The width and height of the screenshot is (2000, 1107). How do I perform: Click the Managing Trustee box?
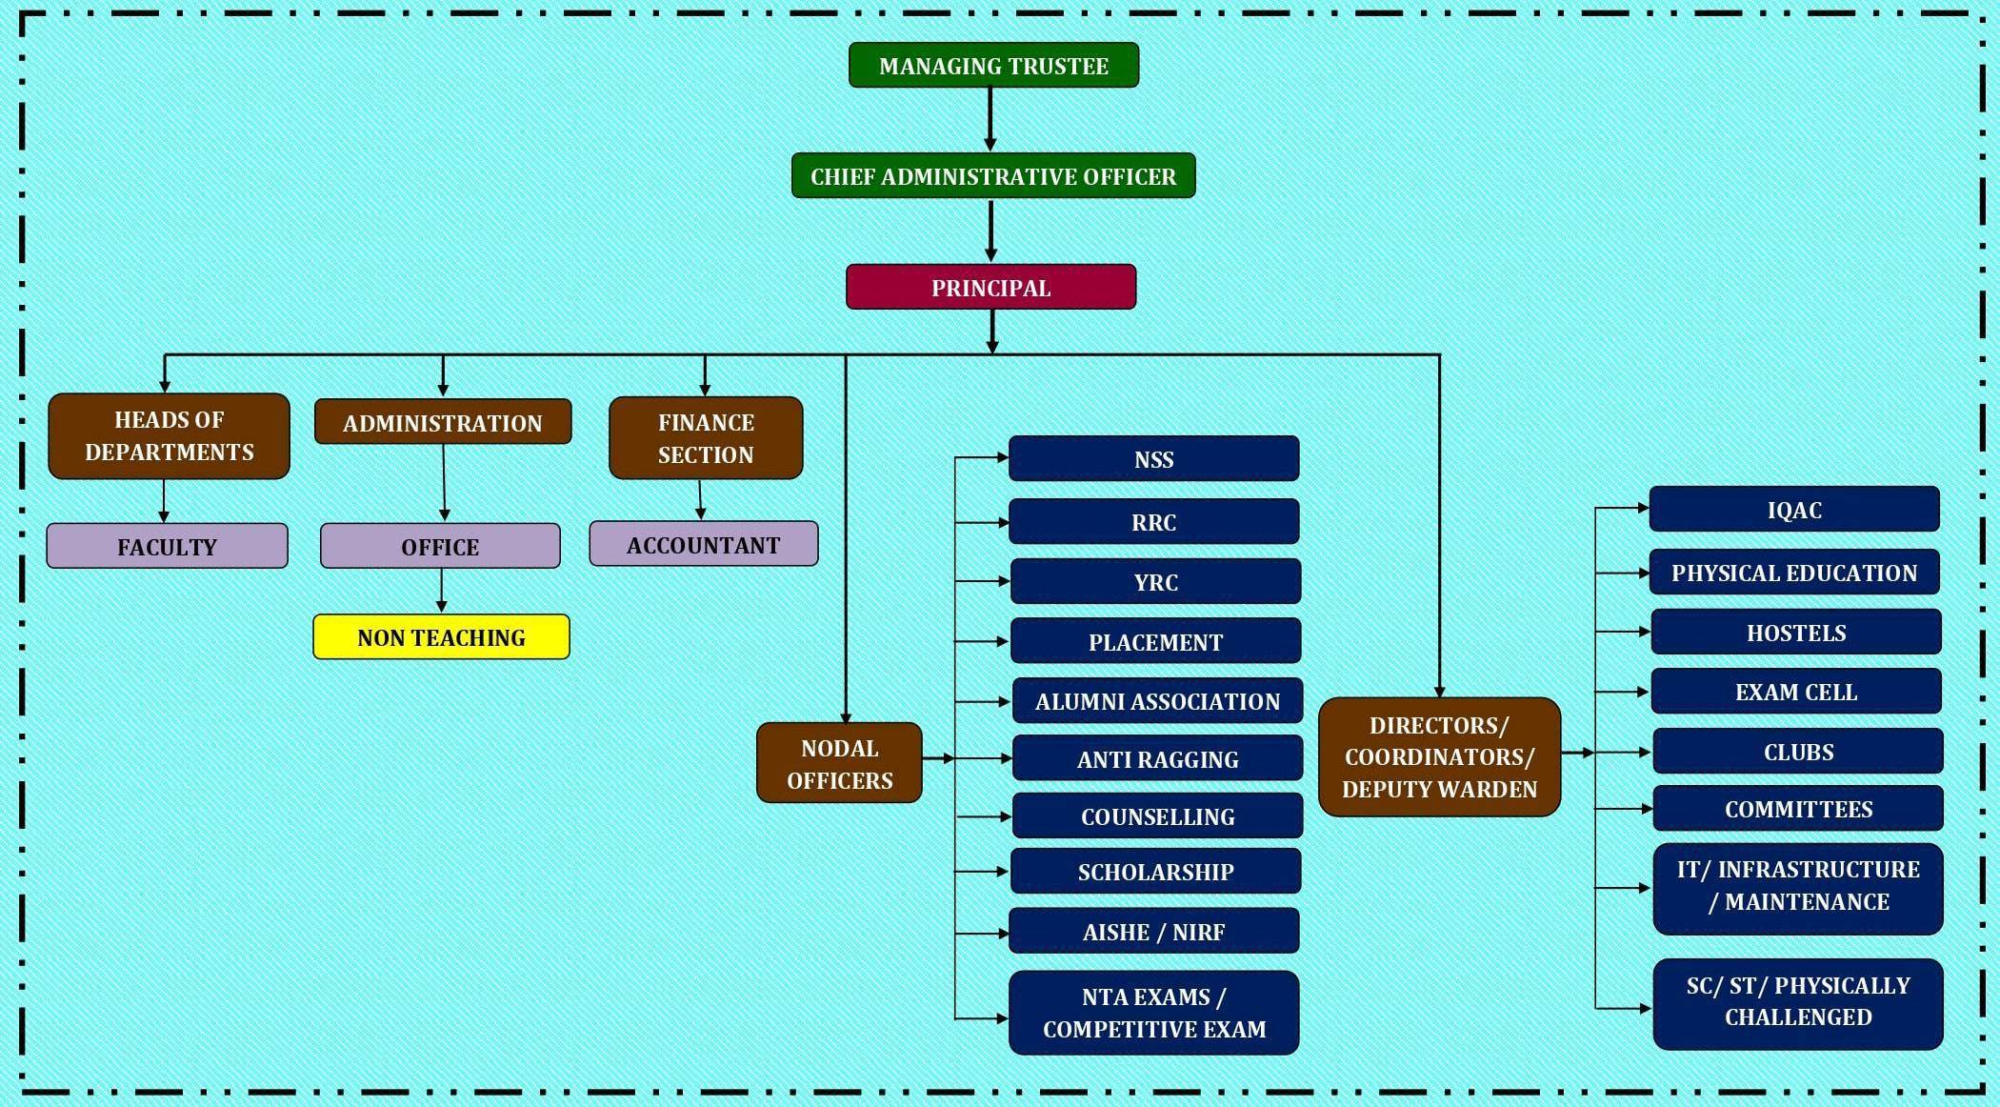tap(993, 66)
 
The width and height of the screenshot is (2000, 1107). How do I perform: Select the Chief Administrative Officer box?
tap(993, 176)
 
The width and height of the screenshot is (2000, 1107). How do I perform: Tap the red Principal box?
tap(990, 288)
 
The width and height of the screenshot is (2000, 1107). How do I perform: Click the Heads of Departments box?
tap(169, 436)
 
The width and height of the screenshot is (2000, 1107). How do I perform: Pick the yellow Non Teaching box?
tap(441, 637)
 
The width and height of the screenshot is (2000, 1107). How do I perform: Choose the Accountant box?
tap(703, 545)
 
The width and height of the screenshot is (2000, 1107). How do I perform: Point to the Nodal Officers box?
tap(839, 763)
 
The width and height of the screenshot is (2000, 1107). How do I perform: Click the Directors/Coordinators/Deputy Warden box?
tap(1439, 757)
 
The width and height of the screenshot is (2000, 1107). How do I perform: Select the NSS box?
tap(1153, 459)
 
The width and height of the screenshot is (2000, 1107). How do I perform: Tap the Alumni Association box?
tap(1157, 701)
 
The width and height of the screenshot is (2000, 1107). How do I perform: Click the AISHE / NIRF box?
tap(1153, 932)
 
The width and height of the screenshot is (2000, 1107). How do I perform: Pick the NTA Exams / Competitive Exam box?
tap(1153, 1013)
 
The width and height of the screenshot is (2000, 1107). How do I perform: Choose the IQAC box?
tap(1794, 510)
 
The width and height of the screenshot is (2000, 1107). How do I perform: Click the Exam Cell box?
tap(1795, 692)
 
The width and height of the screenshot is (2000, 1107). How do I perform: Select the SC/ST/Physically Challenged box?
tap(1798, 1001)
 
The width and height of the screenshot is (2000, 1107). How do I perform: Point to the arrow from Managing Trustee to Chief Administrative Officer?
tap(990, 119)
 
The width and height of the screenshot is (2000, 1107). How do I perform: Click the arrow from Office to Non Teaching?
tap(441, 591)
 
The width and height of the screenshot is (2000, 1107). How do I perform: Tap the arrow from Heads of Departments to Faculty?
tap(164, 500)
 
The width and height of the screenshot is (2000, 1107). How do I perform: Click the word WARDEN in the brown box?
tap(1492, 790)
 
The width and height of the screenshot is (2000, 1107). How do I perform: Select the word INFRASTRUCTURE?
tap(1818, 869)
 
